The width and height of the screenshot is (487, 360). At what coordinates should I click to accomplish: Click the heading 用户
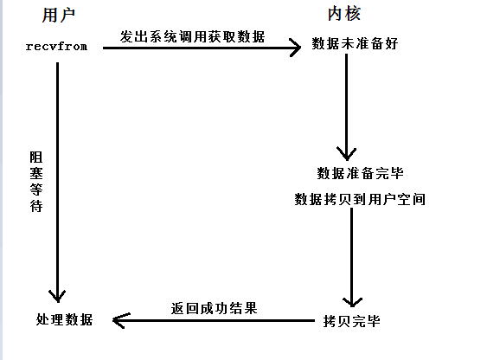pos(56,15)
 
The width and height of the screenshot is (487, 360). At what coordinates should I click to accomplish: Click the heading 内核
pos(344,15)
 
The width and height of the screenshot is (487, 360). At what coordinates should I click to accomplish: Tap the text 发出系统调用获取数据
pos(193,36)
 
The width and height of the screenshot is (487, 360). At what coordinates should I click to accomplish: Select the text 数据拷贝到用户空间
pos(360,199)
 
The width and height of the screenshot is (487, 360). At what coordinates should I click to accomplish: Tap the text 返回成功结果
pos(214,307)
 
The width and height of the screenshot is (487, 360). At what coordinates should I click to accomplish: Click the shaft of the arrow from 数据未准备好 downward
pos(348,104)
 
